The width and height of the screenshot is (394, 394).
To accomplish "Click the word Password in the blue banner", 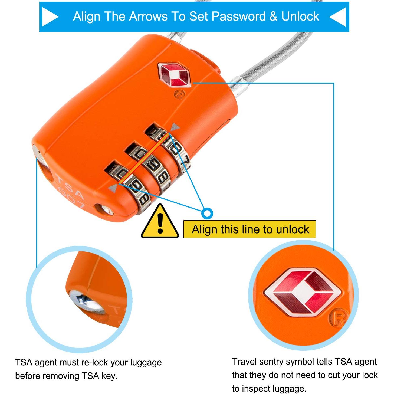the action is tap(238, 16).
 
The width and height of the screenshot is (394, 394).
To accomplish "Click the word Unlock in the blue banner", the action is tap(300, 16).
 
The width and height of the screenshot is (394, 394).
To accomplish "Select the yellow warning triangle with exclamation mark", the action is tap(160, 221).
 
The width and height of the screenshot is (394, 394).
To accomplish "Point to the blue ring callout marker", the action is tap(207, 214).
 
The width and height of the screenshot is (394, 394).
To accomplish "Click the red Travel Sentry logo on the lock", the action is tap(173, 75).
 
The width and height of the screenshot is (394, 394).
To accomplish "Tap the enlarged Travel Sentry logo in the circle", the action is tap(303, 292).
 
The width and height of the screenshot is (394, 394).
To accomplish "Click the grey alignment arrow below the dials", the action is tap(113, 188).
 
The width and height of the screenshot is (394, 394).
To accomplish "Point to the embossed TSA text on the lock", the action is tap(70, 186).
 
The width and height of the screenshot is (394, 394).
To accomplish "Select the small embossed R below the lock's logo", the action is tap(179, 95).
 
